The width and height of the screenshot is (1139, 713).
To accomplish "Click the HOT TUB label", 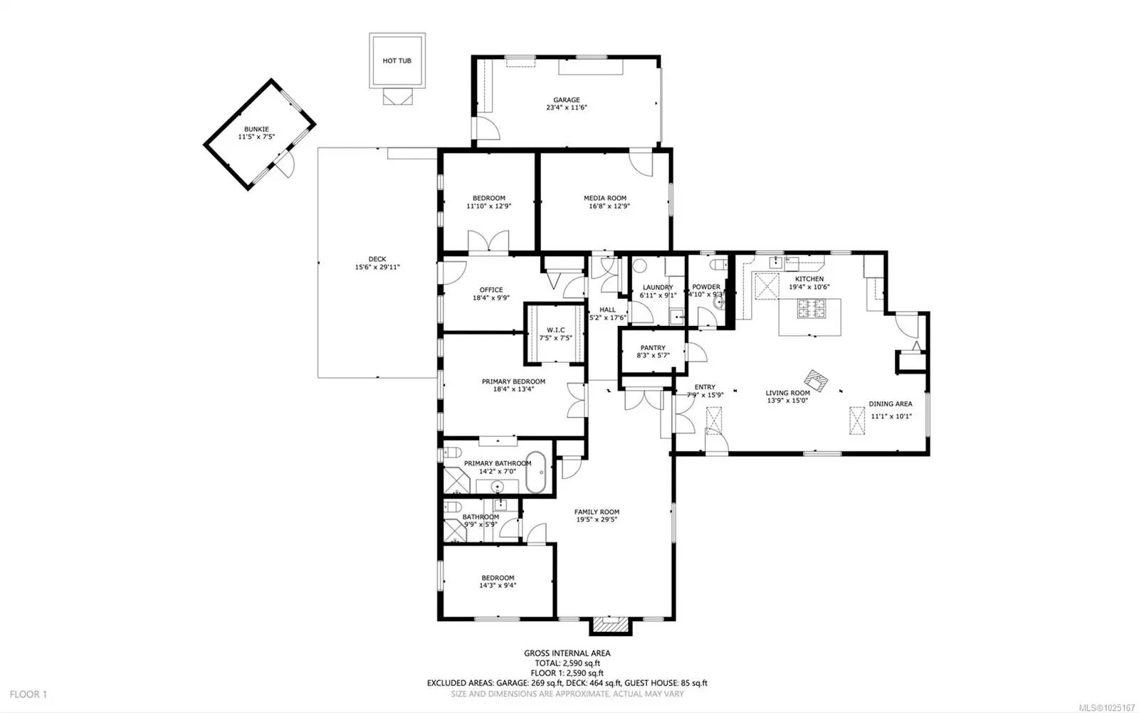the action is tap(397, 60).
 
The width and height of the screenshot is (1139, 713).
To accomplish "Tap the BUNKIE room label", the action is tap(256, 129).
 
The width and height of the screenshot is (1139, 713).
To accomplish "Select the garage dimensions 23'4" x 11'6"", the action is tap(567, 107).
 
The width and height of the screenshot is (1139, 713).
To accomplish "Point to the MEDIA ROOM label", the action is tap(605, 199).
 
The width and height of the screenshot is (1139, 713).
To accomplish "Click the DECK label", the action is tap(377, 259).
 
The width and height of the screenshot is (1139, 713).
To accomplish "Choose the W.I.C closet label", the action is tap(555, 330).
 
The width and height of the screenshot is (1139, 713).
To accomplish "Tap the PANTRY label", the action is tap(653, 348).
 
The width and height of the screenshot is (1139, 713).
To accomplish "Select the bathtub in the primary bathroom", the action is tap(535, 472).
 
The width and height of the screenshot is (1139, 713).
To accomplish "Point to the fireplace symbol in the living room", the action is tap(816, 381).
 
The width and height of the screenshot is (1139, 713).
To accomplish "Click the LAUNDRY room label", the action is tap(658, 287).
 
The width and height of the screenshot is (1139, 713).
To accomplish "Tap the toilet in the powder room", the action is tap(718, 265).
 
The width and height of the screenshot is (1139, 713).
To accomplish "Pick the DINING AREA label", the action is tap(891, 404).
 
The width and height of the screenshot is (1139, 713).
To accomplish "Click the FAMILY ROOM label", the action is tap(597, 512).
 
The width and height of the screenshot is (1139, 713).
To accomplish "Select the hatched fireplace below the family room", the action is tap(610, 625).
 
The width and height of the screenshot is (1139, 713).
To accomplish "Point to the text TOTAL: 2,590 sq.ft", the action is tap(567, 663).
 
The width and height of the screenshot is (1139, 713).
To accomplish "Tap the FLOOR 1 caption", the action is tap(28, 694).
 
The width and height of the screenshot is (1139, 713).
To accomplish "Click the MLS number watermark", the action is tap(1106, 707).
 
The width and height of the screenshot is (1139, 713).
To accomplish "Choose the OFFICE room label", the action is tap(490, 290).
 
